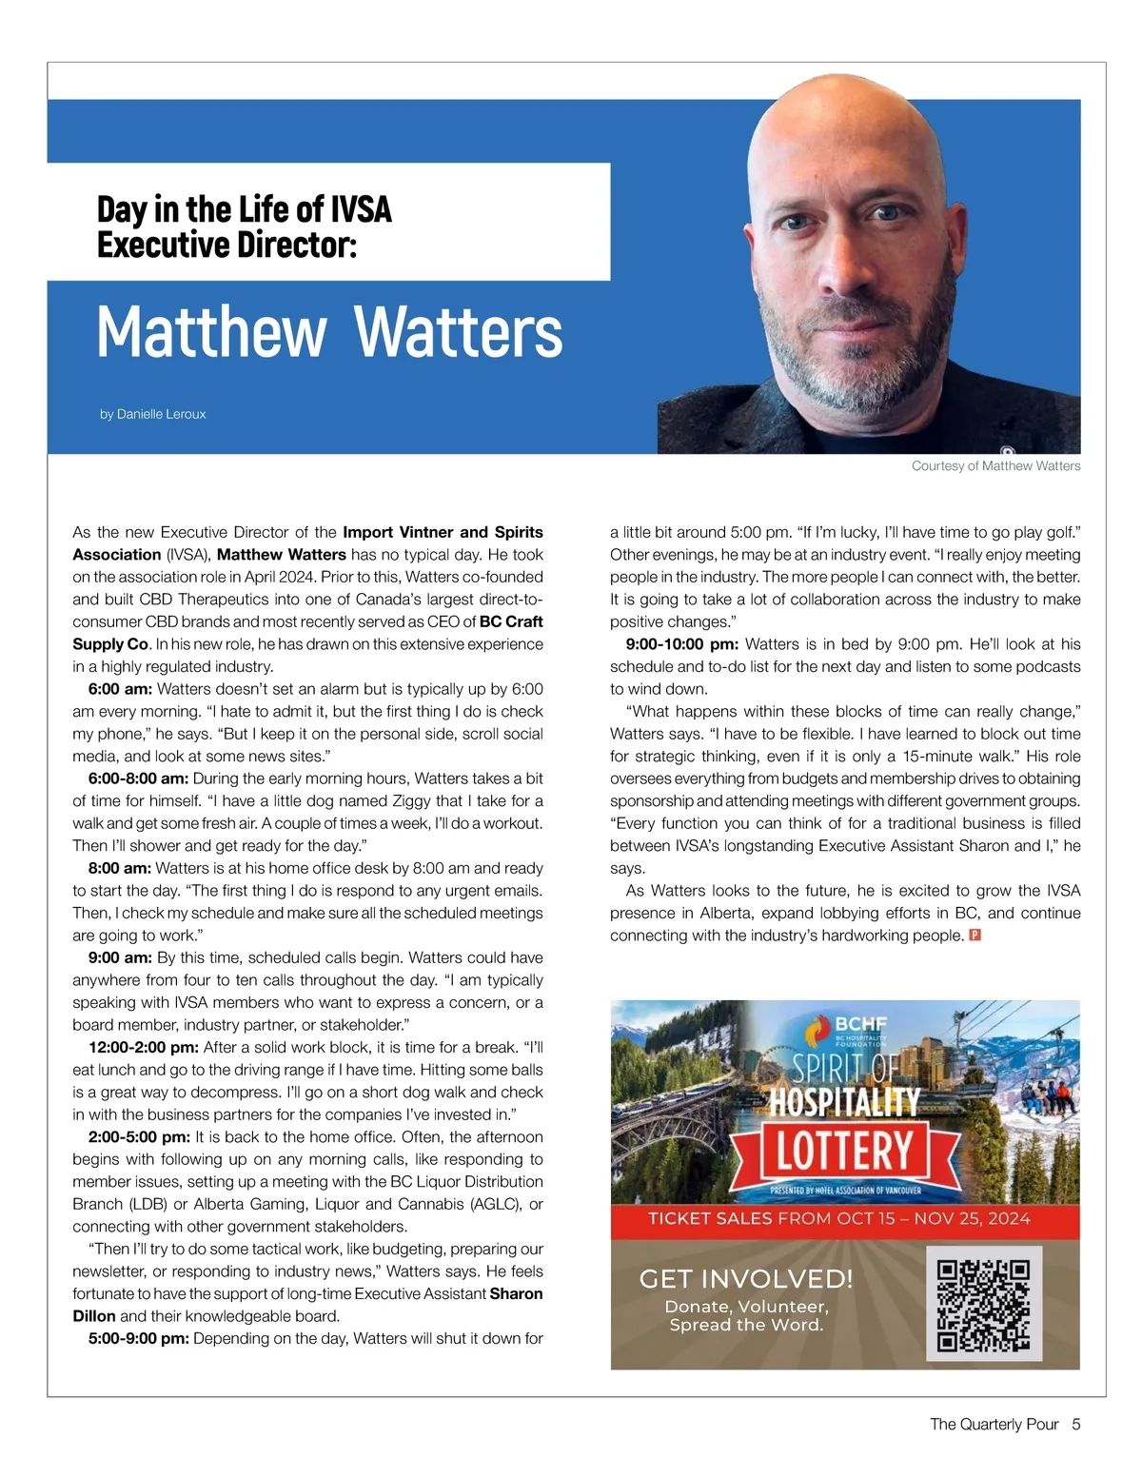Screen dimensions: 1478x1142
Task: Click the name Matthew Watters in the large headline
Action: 329,332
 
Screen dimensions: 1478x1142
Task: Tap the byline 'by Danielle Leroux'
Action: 152,414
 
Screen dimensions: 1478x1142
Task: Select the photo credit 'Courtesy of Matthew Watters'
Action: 995,466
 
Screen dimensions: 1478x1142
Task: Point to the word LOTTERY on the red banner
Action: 844,1150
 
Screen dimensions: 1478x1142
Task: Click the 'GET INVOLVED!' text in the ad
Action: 746,1278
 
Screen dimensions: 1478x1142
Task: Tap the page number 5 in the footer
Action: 1075,1425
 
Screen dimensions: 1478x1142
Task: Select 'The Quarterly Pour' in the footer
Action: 994,1425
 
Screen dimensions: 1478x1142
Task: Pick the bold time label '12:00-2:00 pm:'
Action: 144,1047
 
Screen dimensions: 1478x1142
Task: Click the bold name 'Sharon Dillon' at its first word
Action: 516,1293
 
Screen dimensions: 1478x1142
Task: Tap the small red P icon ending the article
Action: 975,936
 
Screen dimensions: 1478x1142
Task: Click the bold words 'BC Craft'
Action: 511,621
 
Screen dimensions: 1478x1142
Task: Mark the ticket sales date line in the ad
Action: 838,1218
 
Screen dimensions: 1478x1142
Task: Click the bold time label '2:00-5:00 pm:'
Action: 139,1136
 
